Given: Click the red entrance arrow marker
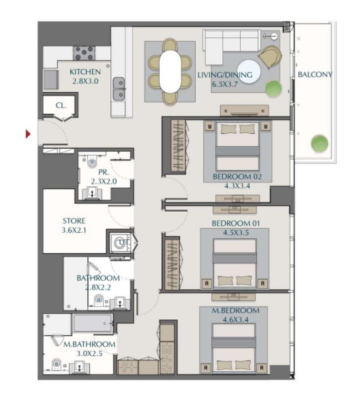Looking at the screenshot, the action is (x=28, y=134).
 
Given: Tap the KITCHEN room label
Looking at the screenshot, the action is (x=85, y=72).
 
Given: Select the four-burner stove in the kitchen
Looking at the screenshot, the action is (x=84, y=53).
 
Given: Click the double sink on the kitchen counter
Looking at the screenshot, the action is (x=119, y=89).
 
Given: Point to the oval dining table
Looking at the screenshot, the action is (x=170, y=72).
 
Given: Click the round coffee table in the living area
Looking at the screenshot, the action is (x=249, y=72).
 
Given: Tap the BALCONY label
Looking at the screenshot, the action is (x=315, y=75).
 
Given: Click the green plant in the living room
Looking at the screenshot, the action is (x=273, y=89).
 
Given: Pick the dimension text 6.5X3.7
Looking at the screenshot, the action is (x=225, y=84).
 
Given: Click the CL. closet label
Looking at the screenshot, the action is (x=61, y=105).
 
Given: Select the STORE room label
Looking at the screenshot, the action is (x=74, y=221).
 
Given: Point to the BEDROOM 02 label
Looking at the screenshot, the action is (x=237, y=177).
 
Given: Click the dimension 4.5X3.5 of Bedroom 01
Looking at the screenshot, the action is (x=236, y=233).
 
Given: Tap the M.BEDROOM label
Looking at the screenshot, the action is (x=235, y=311).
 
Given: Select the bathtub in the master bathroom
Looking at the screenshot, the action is (x=92, y=323).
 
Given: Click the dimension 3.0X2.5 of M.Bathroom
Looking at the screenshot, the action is (x=89, y=353).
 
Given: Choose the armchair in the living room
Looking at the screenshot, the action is (x=270, y=57).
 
